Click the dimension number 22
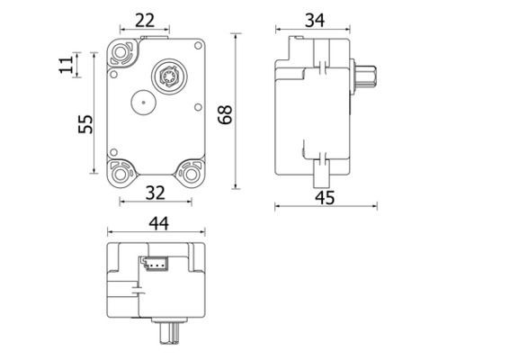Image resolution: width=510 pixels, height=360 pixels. point(146,20)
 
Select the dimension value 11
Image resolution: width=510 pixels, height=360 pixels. point(66,66)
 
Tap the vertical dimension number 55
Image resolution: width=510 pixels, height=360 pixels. point(85,122)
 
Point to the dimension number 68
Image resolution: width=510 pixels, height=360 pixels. point(225,114)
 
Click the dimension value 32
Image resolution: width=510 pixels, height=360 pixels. point(156,193)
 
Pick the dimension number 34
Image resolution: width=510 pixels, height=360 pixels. point(314,20)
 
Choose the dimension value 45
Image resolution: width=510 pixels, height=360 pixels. point(325,197)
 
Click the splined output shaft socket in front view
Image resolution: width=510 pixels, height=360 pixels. point(168,75)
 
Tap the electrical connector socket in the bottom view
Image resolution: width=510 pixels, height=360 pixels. point(153,265)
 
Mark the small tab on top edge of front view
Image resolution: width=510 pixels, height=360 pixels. point(155,35)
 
